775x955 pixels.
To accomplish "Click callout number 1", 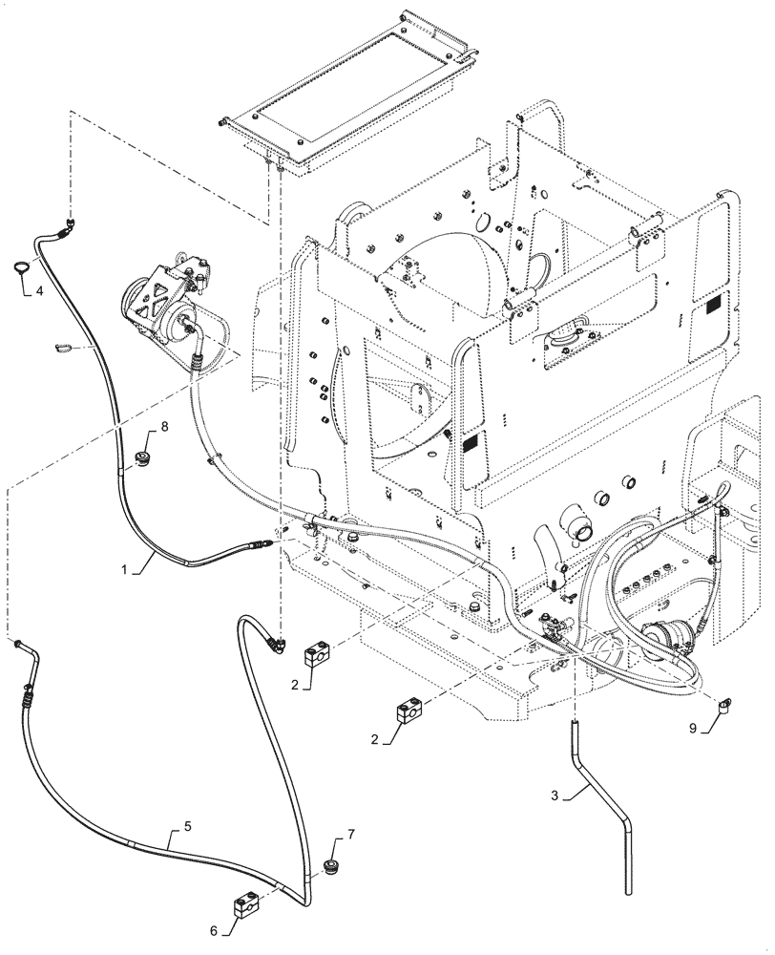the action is point(124,570).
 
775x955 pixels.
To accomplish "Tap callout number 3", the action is point(554,796).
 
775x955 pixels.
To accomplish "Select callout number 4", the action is point(39,291).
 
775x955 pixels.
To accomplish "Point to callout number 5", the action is point(187,826).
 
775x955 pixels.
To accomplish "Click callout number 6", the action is point(214,930).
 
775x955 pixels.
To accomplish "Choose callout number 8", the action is point(164,428).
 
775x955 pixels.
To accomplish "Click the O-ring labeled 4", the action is point(21,266).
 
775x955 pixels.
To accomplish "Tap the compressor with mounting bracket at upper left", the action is point(166,302).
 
